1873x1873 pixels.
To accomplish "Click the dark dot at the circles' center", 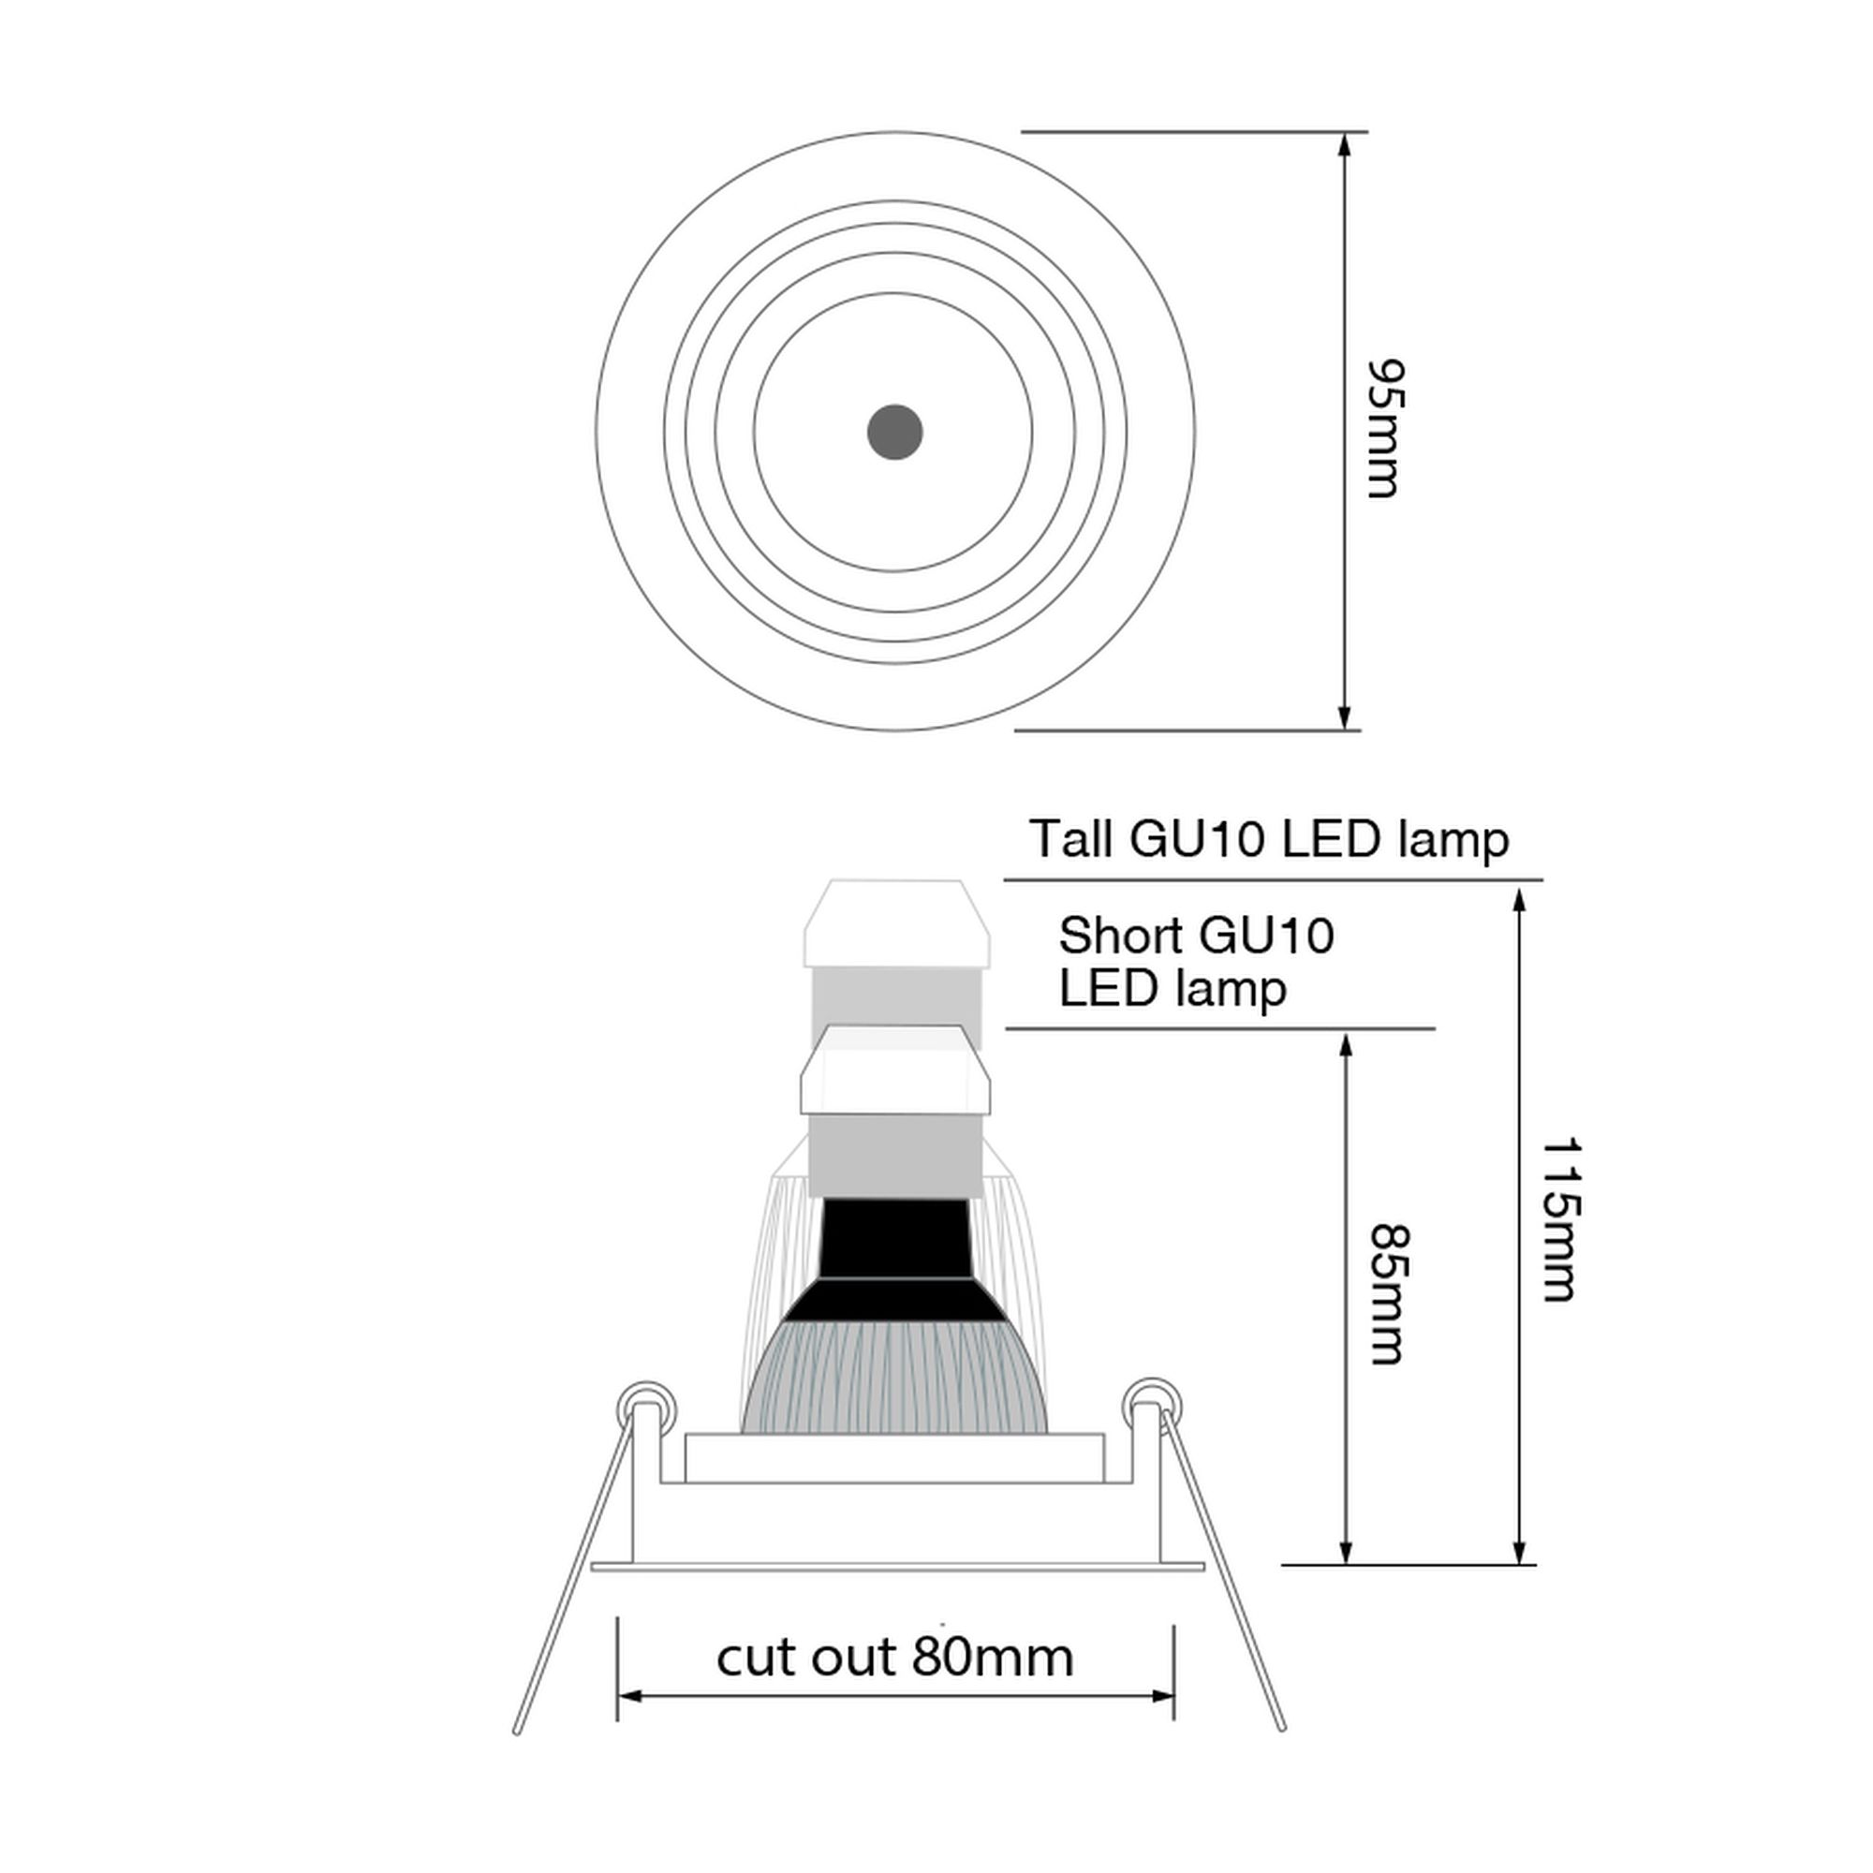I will click(893, 432).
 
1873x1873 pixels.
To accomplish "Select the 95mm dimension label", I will click(1383, 430).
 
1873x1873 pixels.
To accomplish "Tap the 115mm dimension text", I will click(1560, 1218).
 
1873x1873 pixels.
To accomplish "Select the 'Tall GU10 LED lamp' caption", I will click(1268, 838).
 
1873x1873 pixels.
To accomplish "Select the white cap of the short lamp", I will click(893, 1075).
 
